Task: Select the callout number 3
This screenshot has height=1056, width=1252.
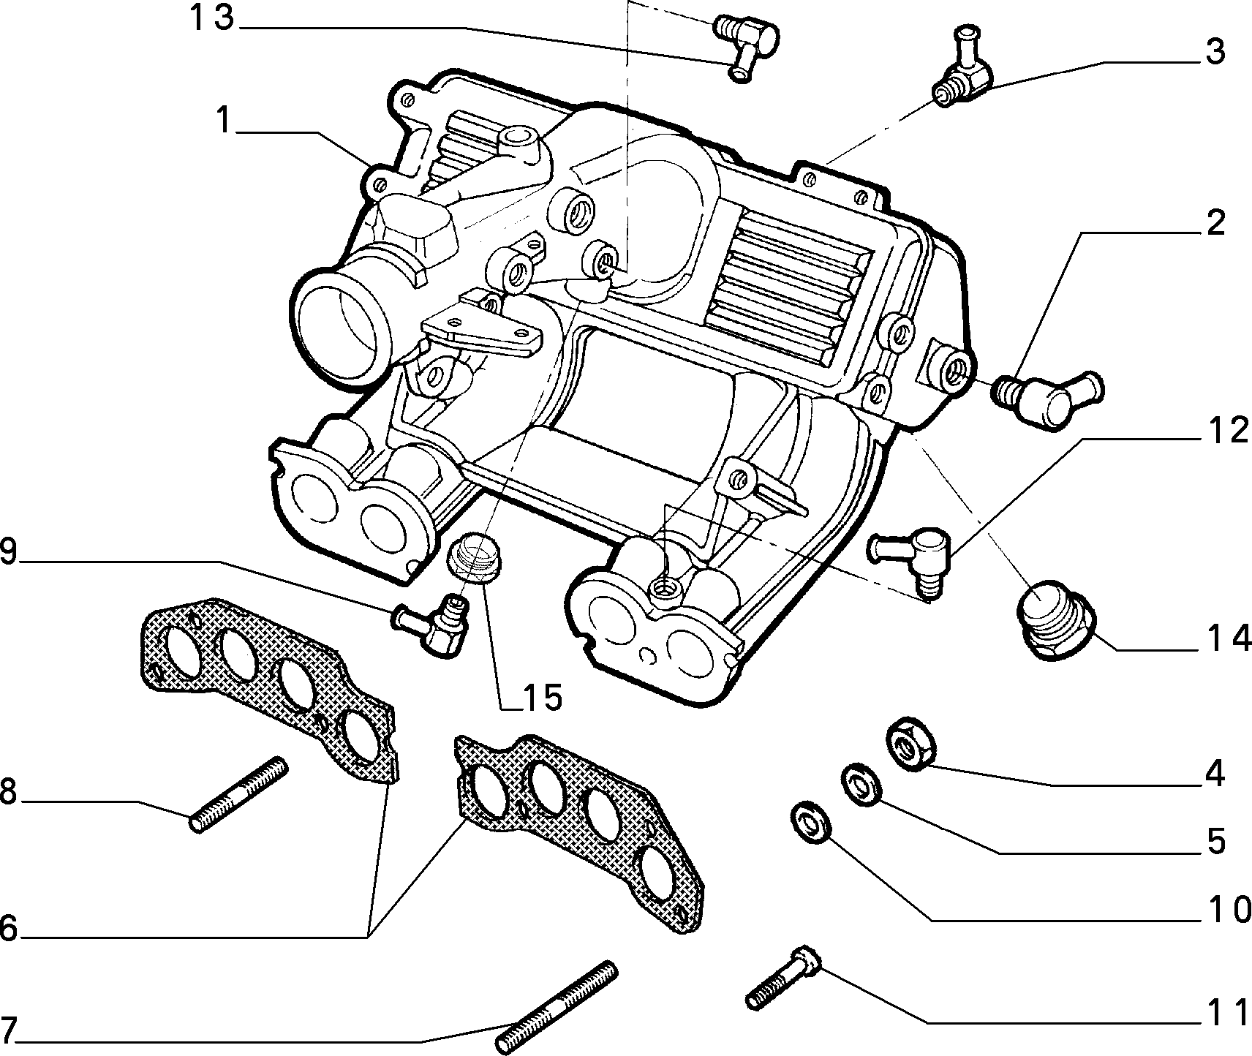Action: click(1215, 53)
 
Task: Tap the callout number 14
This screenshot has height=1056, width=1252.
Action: click(1224, 639)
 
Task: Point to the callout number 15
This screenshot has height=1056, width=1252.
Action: click(542, 698)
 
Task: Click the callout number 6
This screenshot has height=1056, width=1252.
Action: click(8, 929)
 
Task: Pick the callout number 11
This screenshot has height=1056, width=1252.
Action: click(1224, 1012)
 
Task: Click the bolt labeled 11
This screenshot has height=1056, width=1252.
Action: click(785, 976)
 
